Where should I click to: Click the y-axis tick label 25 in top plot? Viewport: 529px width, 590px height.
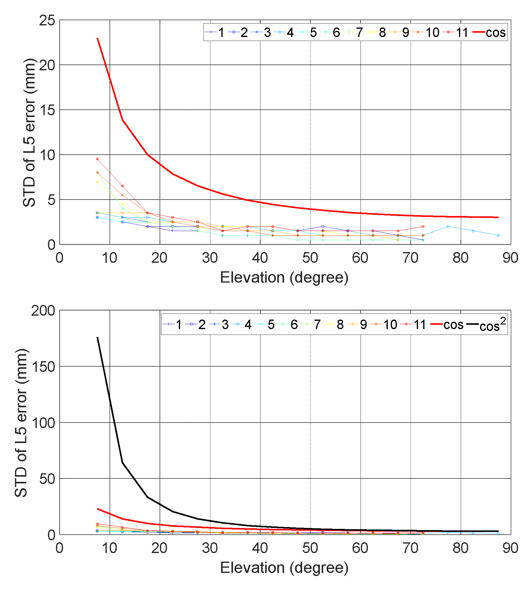click(47, 20)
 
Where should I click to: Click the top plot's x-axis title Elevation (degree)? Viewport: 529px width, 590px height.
click(284, 277)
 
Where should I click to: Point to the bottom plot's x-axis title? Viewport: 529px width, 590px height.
click(284, 568)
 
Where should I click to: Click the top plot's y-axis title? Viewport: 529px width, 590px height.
click(30, 132)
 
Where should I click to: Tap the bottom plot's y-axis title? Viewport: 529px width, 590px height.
click(21, 423)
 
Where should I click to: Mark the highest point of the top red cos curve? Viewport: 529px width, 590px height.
click(97, 38)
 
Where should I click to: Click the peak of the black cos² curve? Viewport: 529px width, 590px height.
click(97, 337)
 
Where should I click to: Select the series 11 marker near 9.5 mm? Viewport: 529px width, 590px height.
click(97, 159)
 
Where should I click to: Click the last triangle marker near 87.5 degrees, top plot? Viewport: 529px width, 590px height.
click(498, 236)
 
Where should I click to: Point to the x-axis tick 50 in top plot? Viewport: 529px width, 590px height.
click(310, 258)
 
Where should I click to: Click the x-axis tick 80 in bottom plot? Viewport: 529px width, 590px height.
click(461, 548)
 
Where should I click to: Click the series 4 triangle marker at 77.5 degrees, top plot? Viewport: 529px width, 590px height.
click(448, 226)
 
